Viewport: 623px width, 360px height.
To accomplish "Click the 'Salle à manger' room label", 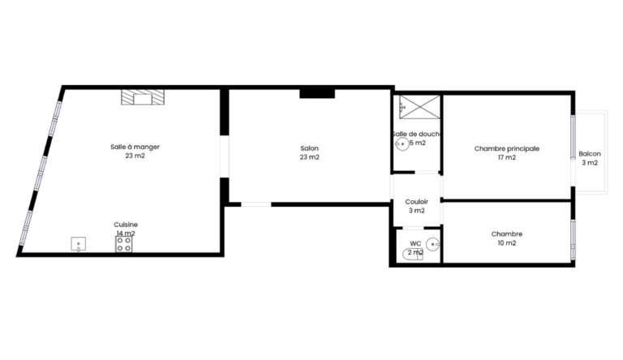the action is coord(135,147).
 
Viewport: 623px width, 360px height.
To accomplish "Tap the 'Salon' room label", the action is coord(310,148).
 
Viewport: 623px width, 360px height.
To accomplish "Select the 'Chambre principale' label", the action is coord(507,148).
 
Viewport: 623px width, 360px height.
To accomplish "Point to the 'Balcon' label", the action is coord(590,154).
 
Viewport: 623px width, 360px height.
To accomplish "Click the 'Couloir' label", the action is coord(417,202).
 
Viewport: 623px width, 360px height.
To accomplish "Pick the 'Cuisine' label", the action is coord(126,225).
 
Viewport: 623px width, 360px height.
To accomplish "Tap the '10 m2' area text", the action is coord(507,242).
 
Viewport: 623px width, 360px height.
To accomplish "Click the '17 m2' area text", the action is coord(507,157).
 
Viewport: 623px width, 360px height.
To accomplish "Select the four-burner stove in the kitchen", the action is coord(124,244).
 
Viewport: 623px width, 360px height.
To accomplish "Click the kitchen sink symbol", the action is coord(78,244).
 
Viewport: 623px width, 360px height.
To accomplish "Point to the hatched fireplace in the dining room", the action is coord(143,97).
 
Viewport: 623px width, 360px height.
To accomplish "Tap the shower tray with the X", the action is coord(420,107).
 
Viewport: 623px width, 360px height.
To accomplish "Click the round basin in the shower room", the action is coord(402,144).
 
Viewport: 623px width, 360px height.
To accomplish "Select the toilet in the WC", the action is coord(413,255).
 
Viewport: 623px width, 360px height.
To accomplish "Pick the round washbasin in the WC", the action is coord(432,244).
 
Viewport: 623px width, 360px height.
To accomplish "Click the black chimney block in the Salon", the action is coord(317,94).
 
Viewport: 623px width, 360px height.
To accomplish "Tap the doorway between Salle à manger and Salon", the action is coord(225,156).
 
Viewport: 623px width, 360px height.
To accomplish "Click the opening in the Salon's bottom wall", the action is coord(256,204).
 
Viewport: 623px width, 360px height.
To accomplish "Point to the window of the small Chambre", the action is coord(573,240).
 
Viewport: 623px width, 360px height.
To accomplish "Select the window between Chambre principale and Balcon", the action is coord(573,137).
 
